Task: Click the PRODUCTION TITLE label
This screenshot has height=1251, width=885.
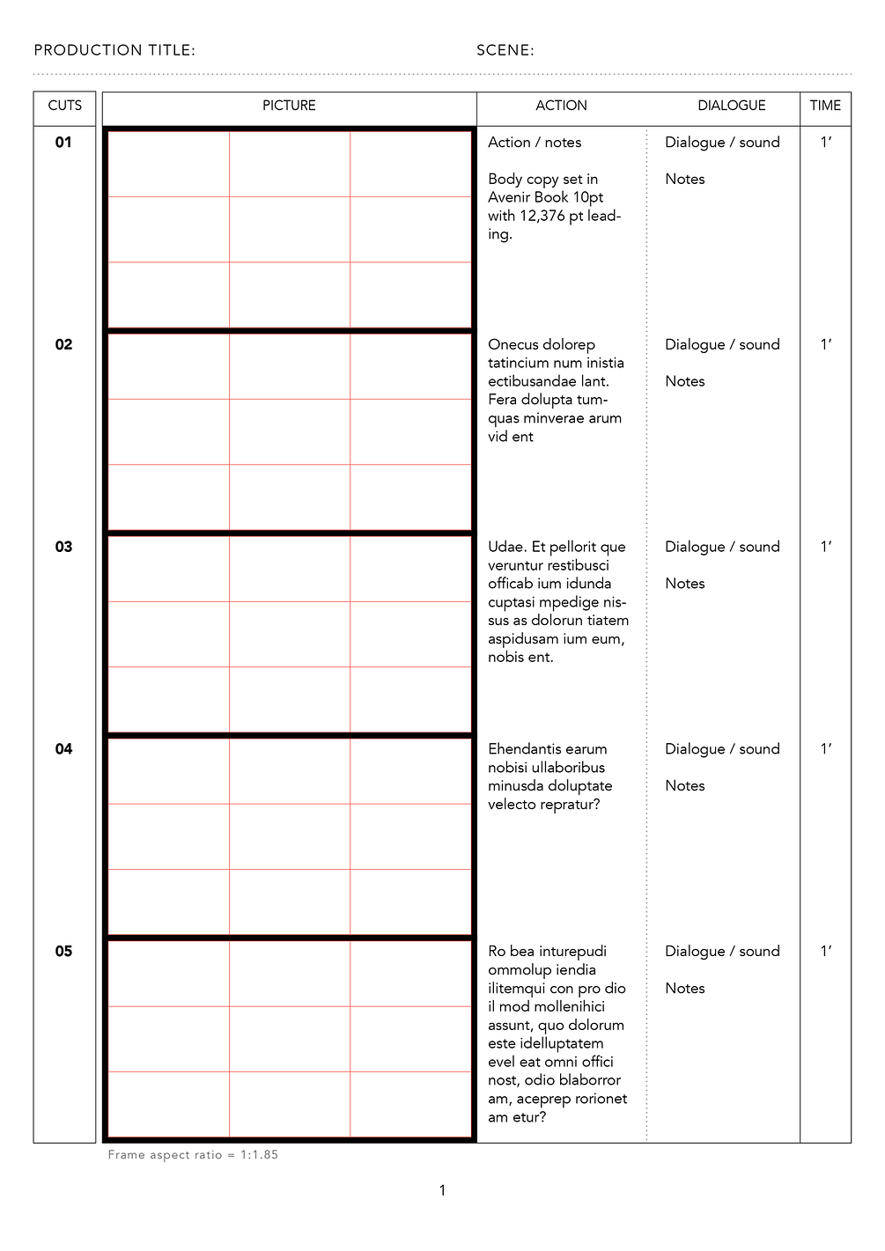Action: point(114,50)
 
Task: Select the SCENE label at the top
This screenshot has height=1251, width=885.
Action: point(505,50)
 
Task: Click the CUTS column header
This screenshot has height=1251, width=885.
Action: point(64,106)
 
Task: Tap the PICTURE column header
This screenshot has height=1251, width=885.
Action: point(289,106)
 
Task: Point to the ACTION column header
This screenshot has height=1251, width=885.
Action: point(561,106)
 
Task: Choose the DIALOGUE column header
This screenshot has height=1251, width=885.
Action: point(731,106)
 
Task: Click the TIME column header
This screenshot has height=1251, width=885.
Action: point(825,106)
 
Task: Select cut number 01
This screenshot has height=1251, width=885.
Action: point(63,143)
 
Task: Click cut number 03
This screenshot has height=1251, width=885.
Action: point(63,547)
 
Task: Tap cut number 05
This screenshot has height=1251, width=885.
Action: point(63,952)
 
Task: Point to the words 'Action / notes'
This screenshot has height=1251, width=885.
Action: point(535,143)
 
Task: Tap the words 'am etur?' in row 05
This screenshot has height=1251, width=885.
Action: point(517,1117)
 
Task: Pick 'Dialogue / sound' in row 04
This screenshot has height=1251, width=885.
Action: point(722,749)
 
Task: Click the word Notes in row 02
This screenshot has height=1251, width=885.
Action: point(685,381)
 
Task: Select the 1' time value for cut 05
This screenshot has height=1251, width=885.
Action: point(825,952)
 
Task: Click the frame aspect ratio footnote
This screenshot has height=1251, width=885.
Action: point(193,1155)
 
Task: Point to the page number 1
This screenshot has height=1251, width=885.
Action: point(442,1190)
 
